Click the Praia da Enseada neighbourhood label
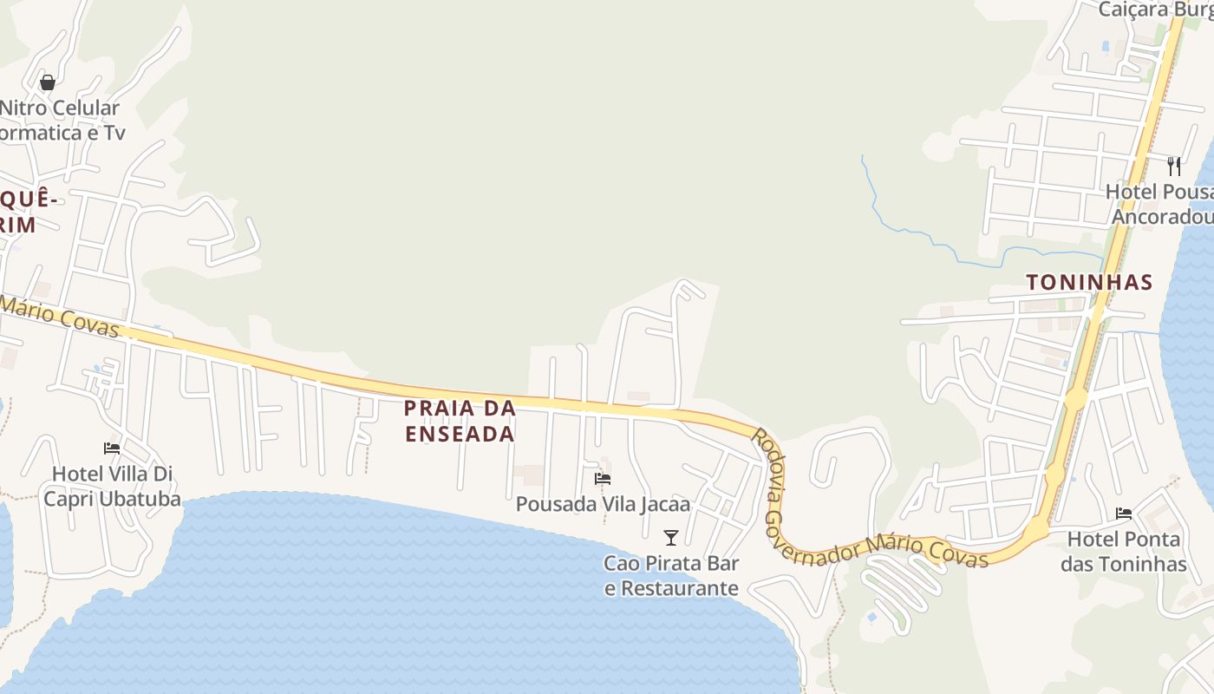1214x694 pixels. pos(460,420)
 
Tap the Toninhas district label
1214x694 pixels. pos(1089,282)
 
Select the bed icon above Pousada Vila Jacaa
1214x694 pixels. pos(603,478)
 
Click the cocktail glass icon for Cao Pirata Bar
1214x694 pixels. pos(670,537)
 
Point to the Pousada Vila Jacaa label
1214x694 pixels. pos(603,504)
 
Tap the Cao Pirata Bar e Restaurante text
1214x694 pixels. pos(671,575)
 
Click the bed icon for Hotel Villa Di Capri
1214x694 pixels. pos(112,448)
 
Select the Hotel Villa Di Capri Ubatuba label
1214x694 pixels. pos(112,487)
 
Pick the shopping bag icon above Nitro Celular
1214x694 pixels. pos(48,82)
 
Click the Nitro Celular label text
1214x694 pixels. pos(60,108)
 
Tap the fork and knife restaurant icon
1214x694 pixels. pos(1174,166)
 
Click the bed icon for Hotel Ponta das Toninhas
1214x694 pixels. pos(1124,514)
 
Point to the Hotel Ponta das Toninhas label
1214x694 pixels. pos(1123,552)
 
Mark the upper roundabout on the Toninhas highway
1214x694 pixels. pos(1075,400)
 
